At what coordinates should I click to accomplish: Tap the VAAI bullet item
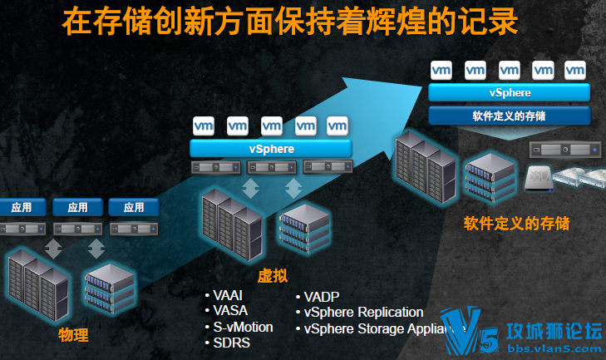point(230,296)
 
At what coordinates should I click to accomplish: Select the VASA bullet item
point(230,311)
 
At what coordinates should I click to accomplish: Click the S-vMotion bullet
point(242,327)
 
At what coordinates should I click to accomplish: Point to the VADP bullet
point(322,297)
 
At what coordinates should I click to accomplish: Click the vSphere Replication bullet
point(363,313)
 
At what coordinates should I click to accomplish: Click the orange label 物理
point(73,335)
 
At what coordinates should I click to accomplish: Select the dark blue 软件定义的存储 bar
point(510,115)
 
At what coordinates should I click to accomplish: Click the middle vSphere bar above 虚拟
point(271,149)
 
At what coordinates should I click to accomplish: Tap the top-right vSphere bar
point(510,92)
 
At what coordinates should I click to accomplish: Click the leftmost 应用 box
point(22,207)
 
